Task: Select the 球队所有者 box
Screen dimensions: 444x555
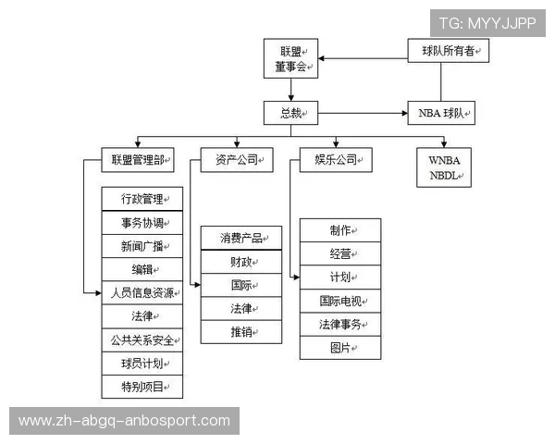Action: (448, 52)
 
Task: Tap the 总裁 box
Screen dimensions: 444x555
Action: (290, 114)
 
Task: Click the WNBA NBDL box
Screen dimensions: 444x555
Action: (443, 166)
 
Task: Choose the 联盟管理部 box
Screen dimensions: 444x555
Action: (137, 160)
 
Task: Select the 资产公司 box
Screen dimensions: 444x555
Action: (238, 160)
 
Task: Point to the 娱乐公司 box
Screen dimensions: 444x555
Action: (336, 160)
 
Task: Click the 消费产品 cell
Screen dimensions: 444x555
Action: (241, 238)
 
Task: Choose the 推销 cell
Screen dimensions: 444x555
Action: (241, 331)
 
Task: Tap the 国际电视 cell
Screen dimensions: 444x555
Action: (340, 301)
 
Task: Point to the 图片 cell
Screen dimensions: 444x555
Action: (340, 348)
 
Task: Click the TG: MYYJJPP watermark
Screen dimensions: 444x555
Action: (487, 22)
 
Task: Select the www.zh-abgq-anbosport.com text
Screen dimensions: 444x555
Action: (125, 421)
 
